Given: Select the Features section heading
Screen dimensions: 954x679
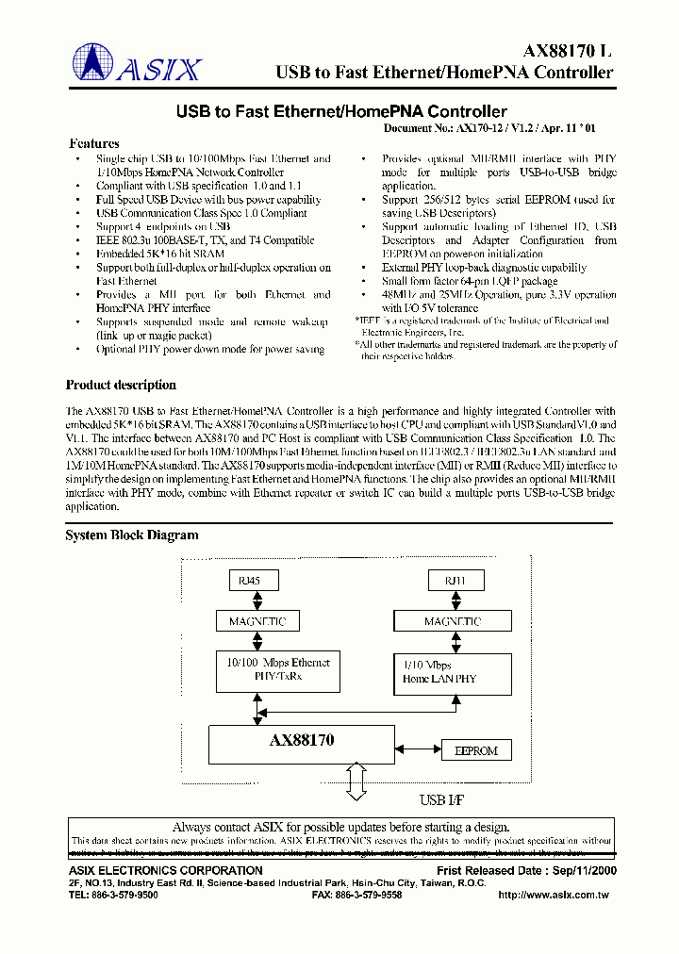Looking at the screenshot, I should [94, 143].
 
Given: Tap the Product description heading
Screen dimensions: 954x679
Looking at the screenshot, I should [121, 385].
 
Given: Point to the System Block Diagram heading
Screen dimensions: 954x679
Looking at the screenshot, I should [131, 535].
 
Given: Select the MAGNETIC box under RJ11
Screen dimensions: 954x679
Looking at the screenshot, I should [453, 621].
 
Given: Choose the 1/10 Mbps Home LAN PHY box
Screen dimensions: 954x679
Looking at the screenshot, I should [453, 671].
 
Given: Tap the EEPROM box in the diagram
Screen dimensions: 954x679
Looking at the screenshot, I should [477, 751].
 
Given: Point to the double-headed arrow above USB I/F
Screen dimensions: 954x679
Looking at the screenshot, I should [356, 780].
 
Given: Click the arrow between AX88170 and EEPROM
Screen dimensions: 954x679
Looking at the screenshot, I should [418, 751].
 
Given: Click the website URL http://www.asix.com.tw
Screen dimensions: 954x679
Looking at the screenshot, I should [555, 895].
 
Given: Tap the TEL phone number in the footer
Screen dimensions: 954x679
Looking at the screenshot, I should [114, 895].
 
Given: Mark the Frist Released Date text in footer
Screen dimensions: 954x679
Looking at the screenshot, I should [524, 870].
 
